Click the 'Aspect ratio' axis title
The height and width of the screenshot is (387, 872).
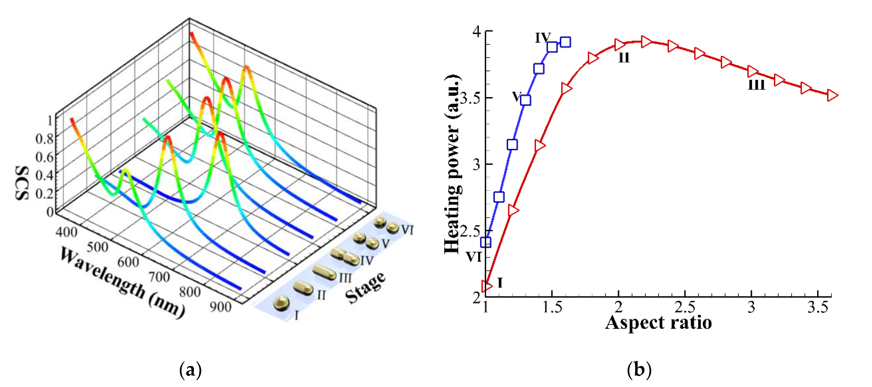tap(658, 323)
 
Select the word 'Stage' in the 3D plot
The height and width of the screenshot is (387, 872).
tap(366, 288)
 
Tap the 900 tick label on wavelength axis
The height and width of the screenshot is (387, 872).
tap(220, 307)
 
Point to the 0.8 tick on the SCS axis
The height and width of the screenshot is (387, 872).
tap(45, 138)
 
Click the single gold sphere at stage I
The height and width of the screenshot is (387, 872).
tap(282, 302)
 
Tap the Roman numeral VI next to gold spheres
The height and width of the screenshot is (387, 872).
tap(408, 230)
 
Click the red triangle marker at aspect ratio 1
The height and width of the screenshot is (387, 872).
tap(487, 286)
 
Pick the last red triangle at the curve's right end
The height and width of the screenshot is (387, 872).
tap(832, 95)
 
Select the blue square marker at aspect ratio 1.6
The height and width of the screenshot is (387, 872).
tap(565, 42)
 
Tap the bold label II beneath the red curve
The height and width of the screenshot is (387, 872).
tap(624, 58)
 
